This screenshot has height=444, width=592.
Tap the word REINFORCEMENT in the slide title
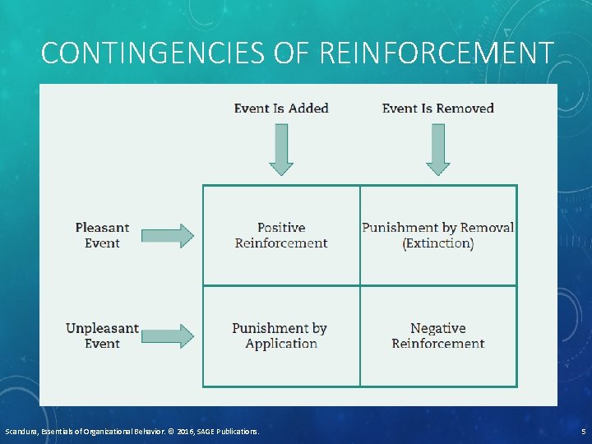pos(434,53)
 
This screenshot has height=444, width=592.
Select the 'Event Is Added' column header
pos(281,109)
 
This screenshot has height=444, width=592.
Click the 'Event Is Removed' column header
pos(437,109)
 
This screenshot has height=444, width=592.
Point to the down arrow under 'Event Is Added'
pos(281,149)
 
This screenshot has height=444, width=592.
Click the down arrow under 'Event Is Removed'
pos(437,149)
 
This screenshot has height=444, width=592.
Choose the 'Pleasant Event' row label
pos(102,235)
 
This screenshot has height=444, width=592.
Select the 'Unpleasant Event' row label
pos(102,335)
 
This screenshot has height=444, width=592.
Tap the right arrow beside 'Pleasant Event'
pos(168,235)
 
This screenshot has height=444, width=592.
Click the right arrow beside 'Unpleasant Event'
pos(168,335)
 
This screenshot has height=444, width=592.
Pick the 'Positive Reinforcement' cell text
pos(281,235)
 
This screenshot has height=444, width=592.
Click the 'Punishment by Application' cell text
pos(280,335)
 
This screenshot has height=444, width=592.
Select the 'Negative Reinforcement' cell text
pos(438,335)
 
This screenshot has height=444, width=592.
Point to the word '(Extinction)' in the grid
pos(438,244)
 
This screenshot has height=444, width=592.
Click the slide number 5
pos(583,432)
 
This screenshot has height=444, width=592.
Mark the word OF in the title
pos(290,53)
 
